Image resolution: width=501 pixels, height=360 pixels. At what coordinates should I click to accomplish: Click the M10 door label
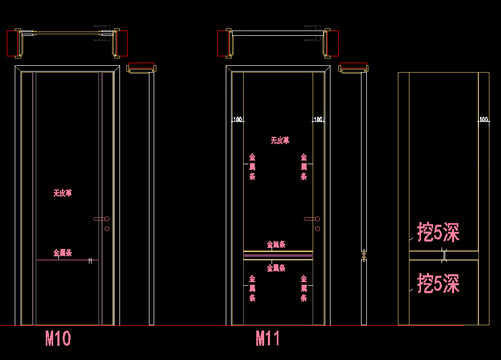(x=58, y=338)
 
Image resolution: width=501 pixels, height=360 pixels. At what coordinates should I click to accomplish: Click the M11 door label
(x=268, y=338)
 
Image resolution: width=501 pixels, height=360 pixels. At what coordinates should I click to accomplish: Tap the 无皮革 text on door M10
(x=62, y=193)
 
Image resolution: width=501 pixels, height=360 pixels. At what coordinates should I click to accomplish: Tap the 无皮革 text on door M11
(x=280, y=141)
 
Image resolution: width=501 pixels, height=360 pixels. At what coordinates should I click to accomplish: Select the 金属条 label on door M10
(x=62, y=253)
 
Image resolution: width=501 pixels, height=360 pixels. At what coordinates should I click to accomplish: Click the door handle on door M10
(x=101, y=218)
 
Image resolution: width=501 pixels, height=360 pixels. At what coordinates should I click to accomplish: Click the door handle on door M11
(x=312, y=218)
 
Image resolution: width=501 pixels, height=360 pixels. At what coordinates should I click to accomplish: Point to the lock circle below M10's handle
(x=107, y=228)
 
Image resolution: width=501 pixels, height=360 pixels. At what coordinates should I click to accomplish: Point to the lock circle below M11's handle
(x=317, y=228)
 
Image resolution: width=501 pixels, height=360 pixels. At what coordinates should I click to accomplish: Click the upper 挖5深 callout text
(x=438, y=232)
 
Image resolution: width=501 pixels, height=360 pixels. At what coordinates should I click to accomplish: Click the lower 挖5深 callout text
(x=438, y=283)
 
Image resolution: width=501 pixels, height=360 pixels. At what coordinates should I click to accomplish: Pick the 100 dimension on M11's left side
(x=238, y=119)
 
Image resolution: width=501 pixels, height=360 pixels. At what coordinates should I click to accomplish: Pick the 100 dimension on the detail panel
(x=484, y=119)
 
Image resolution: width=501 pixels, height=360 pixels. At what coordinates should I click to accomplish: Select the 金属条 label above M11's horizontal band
(x=276, y=244)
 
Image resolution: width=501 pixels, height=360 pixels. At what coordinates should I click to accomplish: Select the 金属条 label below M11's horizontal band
(x=276, y=268)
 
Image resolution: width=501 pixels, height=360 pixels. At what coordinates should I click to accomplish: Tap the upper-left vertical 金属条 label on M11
(x=252, y=167)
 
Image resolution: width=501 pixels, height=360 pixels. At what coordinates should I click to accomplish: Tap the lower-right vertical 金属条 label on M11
(x=304, y=288)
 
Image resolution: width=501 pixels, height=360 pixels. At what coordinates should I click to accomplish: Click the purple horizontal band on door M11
(x=278, y=256)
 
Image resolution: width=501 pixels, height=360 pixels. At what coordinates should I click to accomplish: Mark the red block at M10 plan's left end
(x=13, y=43)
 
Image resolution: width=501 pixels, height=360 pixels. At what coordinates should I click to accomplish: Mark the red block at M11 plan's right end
(x=333, y=43)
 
